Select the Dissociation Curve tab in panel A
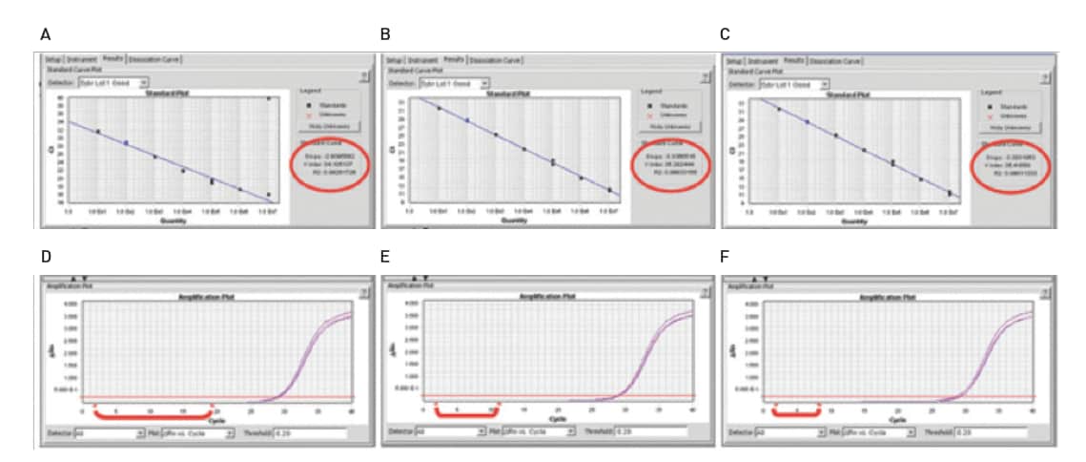pyautogui.click(x=154, y=59)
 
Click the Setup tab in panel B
pyautogui.click(x=392, y=59)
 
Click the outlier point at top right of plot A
pyautogui.click(x=269, y=98)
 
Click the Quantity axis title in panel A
pyautogui.click(x=174, y=220)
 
